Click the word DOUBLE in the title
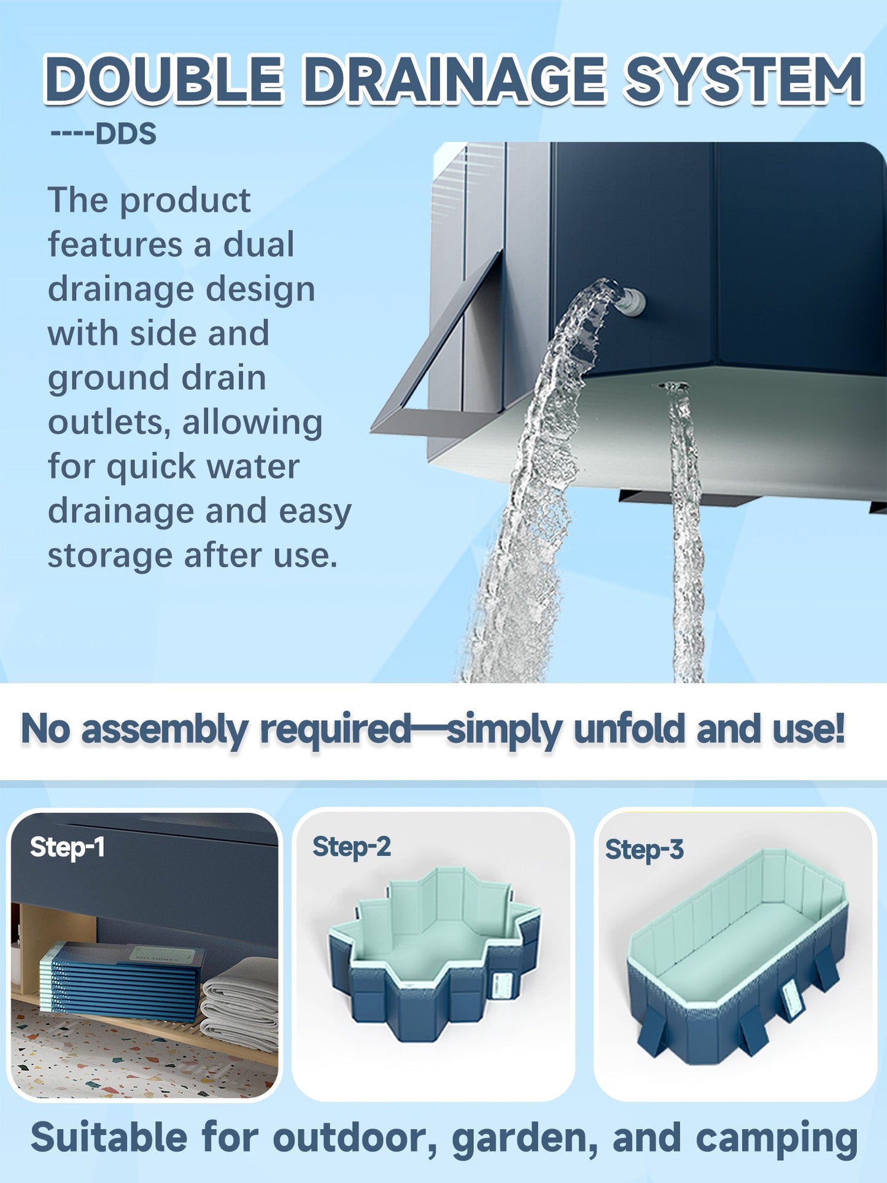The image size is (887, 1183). pos(163,80)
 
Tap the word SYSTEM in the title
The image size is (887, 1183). pos(743,80)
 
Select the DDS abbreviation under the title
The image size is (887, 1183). pos(126,134)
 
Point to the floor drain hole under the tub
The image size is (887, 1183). pos(673,386)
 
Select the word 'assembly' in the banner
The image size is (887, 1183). pos(164,729)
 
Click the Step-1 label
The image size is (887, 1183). pos(67,847)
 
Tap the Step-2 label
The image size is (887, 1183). pos(351,847)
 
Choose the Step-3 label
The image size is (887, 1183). pos(644,850)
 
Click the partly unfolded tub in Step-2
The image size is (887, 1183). pos(433,958)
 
